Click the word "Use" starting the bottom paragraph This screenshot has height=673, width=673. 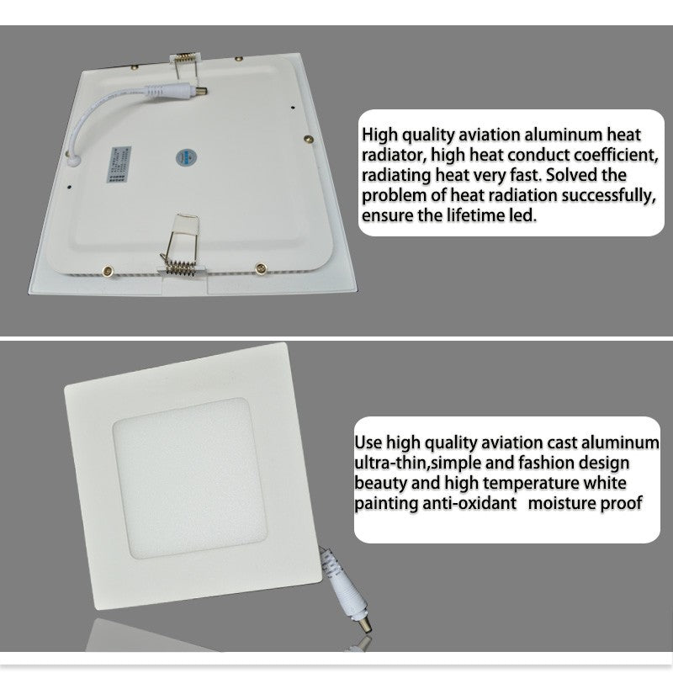(x=368, y=443)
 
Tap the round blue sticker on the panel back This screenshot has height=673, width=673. (x=183, y=156)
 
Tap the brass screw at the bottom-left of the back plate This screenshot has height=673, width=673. (x=107, y=271)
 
